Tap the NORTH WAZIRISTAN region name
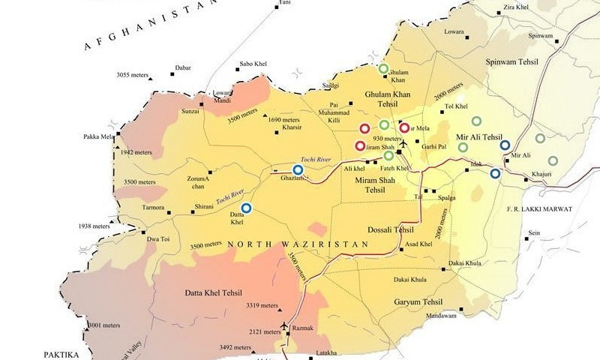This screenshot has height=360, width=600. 298,244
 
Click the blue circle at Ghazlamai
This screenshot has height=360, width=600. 298,170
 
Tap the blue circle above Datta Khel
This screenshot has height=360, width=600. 246,208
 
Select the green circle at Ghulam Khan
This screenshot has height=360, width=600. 383,69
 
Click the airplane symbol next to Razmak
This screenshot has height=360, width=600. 284,325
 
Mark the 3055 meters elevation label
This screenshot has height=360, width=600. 132,75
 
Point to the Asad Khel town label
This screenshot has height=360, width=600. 420,245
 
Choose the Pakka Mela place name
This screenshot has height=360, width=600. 98,137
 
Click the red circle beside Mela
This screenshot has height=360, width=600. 404,128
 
